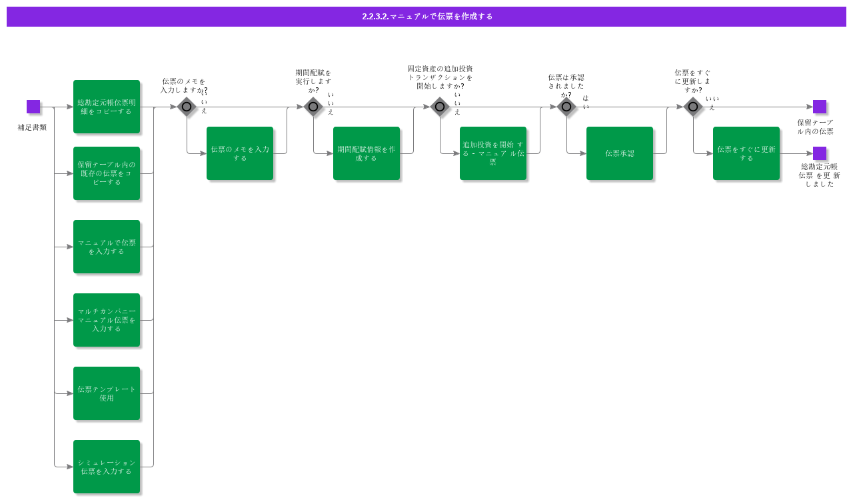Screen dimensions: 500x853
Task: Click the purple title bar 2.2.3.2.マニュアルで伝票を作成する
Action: pos(426,17)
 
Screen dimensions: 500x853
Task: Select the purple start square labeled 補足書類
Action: pos(33,107)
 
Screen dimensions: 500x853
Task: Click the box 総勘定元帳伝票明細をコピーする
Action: pos(107,107)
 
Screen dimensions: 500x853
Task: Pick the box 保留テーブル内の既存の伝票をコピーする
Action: pos(107,173)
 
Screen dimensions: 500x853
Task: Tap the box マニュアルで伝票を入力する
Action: pos(107,247)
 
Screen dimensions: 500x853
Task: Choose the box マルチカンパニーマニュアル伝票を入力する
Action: pos(107,320)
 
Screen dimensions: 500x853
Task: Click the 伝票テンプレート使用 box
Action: pos(107,393)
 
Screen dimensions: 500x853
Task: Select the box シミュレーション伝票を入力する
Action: pos(107,467)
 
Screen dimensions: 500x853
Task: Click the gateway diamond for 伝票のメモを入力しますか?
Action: pos(187,107)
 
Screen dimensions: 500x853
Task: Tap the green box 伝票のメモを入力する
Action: pos(240,153)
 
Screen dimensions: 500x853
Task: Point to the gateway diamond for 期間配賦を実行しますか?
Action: pos(313,107)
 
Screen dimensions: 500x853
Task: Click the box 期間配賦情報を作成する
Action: pos(367,153)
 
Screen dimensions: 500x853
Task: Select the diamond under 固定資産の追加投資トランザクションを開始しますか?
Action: pos(440,107)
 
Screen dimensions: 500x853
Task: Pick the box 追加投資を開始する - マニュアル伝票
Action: pos(493,153)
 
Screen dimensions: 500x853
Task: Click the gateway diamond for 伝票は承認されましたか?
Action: pos(566,107)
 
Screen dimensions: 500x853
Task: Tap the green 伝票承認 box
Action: pos(620,153)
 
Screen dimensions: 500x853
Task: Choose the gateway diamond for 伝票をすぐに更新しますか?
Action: pos(693,107)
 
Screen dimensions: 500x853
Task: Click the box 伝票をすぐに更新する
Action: pos(746,153)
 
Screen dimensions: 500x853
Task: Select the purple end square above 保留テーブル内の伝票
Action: pos(820,107)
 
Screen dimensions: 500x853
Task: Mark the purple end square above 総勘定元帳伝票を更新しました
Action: pos(820,153)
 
